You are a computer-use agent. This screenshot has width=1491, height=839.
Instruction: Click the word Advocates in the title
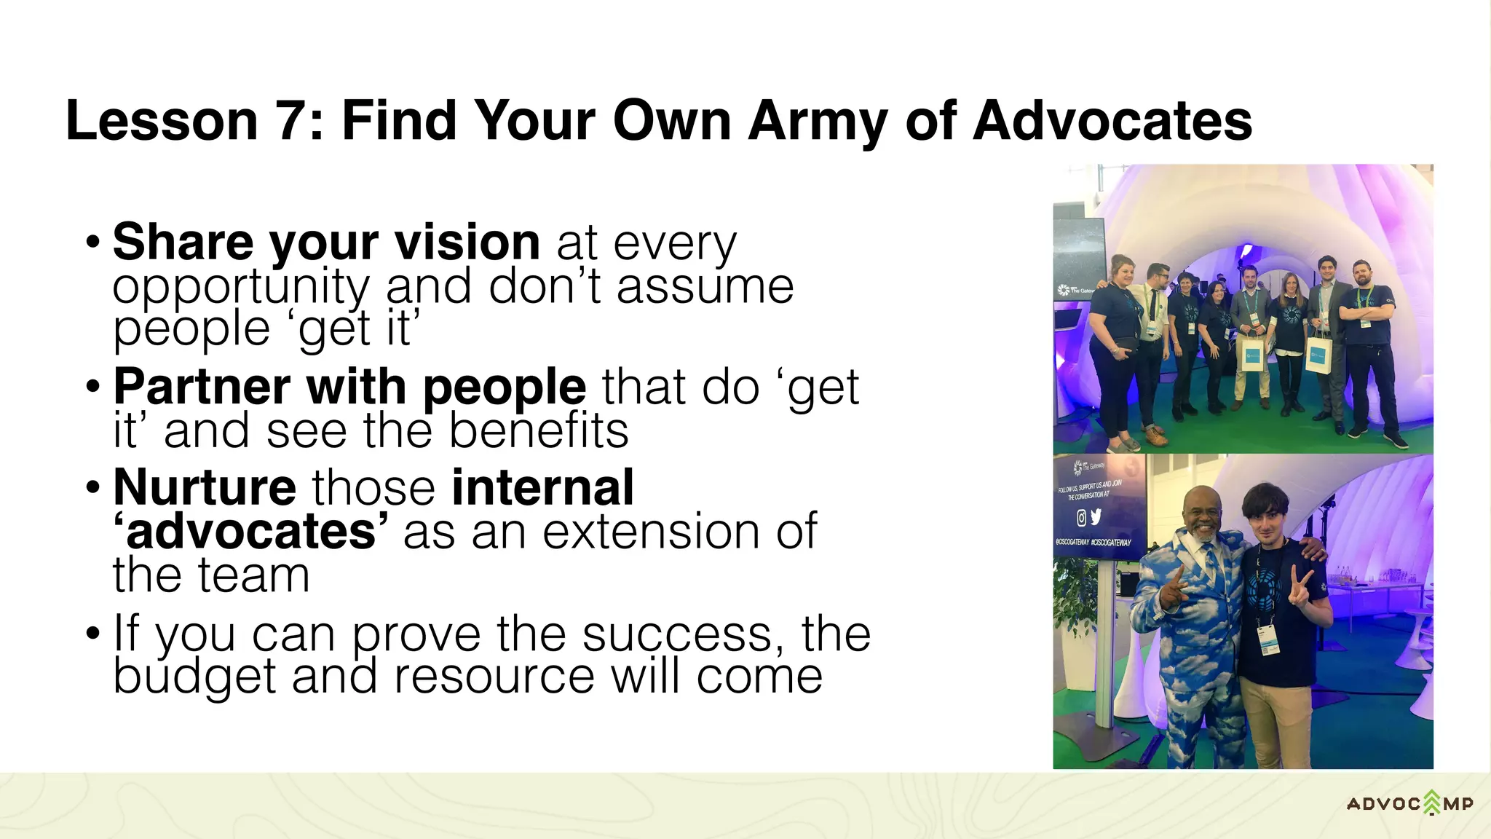click(1112, 121)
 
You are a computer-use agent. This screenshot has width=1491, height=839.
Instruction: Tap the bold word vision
click(467, 242)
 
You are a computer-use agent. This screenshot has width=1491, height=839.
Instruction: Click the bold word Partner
click(202, 387)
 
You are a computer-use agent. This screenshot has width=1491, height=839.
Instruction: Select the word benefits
click(539, 430)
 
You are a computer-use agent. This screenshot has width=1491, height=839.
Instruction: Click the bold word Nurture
click(205, 487)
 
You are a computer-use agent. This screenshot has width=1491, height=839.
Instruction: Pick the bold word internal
click(542, 487)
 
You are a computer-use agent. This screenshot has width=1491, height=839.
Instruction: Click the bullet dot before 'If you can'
click(92, 632)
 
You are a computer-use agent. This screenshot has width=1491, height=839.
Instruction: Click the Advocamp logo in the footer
click(1409, 803)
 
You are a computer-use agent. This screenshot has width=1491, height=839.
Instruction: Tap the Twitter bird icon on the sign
click(1096, 516)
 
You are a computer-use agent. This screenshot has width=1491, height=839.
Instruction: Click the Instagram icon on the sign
click(1081, 518)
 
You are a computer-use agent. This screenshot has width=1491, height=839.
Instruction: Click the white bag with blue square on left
click(1251, 355)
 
